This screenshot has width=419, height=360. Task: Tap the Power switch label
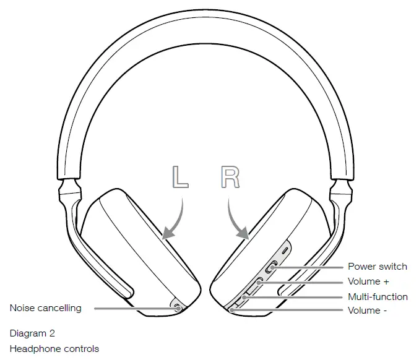377,267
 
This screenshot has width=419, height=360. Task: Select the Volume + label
368,281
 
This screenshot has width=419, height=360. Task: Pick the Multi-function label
378,296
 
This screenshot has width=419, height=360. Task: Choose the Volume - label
367,311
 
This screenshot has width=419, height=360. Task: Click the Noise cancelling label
45,307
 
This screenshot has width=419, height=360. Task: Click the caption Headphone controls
54,349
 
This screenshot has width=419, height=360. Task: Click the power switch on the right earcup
271,268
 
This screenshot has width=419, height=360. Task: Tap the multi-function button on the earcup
246,297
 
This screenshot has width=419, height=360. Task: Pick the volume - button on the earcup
233,309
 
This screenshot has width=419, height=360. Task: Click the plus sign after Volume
386,282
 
